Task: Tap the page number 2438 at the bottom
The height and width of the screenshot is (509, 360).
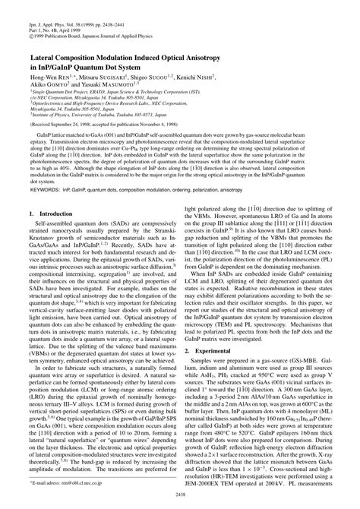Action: coord(180,494)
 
